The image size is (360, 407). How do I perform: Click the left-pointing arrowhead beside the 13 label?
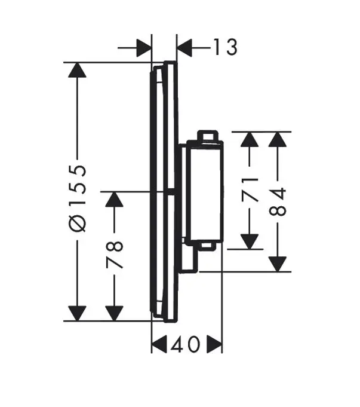click(x=185, y=47)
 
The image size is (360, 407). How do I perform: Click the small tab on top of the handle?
click(x=207, y=136)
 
